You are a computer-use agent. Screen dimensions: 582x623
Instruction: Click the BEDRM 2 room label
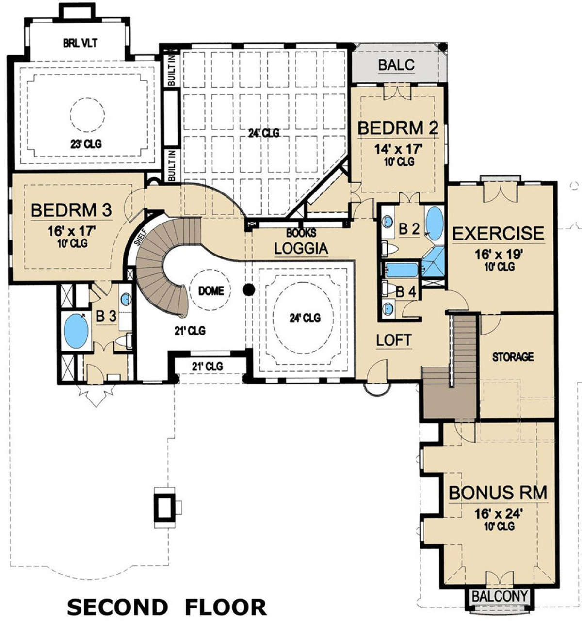398,128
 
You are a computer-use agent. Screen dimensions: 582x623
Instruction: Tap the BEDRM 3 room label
71,210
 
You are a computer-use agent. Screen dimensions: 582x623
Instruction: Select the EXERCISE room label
498,233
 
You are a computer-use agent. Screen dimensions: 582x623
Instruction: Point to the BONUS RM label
498,493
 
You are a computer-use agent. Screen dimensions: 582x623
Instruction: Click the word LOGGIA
301,248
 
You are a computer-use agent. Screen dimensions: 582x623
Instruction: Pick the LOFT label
394,340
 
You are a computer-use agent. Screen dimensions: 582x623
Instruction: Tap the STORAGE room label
513,357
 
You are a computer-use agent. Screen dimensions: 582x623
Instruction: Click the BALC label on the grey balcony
396,65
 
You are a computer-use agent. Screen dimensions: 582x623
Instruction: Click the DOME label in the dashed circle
211,291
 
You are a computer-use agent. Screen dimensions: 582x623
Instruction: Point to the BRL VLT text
80,43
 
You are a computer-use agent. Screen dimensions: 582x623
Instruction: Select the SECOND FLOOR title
167,607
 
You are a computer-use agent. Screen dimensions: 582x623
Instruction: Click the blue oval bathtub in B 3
76,331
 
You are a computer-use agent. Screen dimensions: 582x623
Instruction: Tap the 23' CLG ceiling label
86,144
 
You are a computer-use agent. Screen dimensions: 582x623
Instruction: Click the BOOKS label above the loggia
301,233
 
